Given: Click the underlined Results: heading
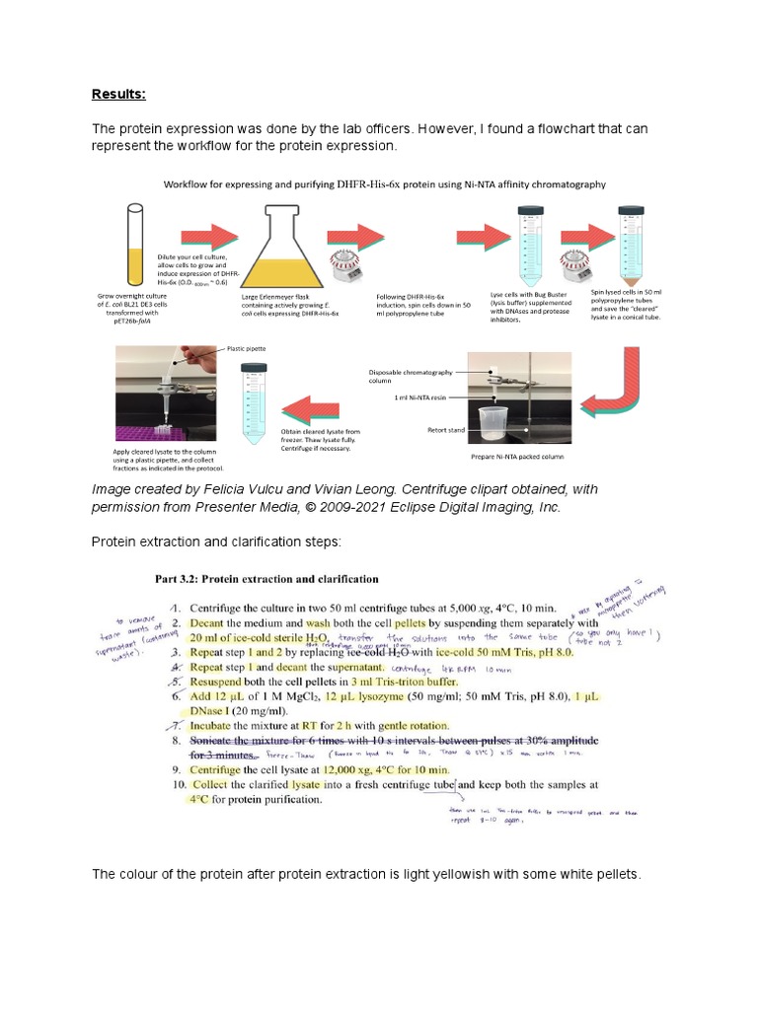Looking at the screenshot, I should [x=118, y=95].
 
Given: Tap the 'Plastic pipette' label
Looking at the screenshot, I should [x=246, y=348].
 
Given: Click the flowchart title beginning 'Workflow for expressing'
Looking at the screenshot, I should [x=384, y=183].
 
